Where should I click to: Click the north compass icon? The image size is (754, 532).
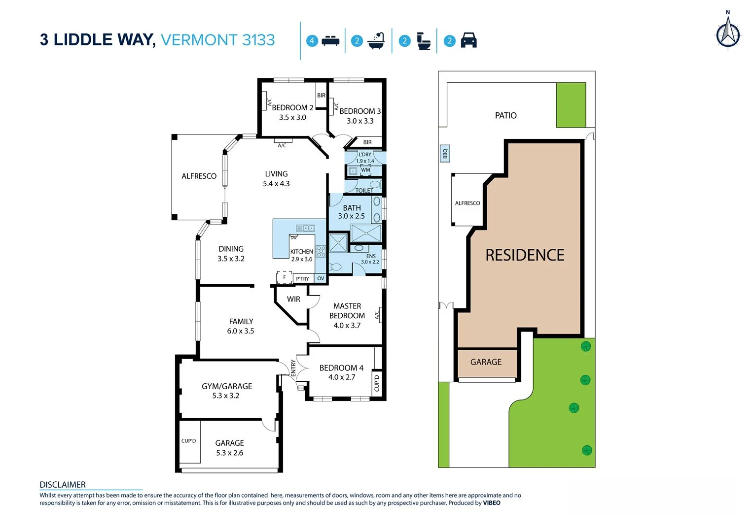[x=728, y=33]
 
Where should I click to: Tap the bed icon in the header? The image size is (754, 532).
[x=330, y=41]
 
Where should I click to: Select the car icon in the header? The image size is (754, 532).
[x=468, y=40]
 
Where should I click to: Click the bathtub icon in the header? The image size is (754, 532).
[x=376, y=41]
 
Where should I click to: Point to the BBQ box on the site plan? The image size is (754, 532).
[x=445, y=154]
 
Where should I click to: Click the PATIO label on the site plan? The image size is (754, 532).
[x=505, y=116]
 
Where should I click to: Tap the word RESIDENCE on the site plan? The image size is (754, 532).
[x=525, y=255]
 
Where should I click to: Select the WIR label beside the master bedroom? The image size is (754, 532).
[x=293, y=299]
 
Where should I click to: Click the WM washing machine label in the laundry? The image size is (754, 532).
[x=365, y=170]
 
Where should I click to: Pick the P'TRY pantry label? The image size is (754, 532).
[x=302, y=279]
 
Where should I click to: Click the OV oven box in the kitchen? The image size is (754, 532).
[x=321, y=279]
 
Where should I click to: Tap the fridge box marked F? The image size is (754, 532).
[x=285, y=277]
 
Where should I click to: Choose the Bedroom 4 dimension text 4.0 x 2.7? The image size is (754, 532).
[x=342, y=377]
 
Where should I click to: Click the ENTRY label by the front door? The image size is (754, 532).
[x=293, y=368]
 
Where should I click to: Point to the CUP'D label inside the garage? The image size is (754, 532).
[x=188, y=441]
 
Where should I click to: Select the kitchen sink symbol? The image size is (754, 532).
[x=305, y=228]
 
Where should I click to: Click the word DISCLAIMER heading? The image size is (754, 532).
[x=63, y=485]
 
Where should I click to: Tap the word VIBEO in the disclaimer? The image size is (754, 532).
[x=491, y=503]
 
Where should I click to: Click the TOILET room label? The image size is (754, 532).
[x=364, y=191]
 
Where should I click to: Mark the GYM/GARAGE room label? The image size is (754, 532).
[x=227, y=386]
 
